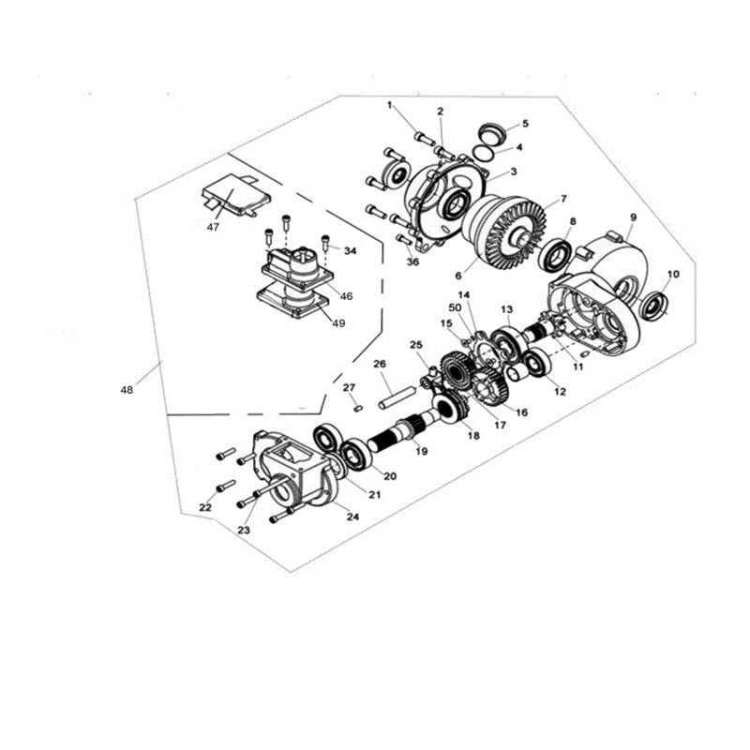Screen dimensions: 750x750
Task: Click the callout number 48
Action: click(x=127, y=388)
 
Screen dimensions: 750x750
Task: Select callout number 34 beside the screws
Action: click(x=350, y=251)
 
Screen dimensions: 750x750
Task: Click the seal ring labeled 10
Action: click(x=653, y=304)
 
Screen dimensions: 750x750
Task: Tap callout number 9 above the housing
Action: click(x=633, y=217)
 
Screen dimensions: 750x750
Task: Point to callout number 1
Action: click(x=389, y=105)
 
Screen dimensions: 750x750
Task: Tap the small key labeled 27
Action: click(x=358, y=406)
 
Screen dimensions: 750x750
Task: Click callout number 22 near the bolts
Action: click(x=205, y=507)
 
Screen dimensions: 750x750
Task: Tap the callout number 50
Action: click(x=455, y=307)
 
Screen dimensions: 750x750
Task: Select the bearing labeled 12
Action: click(x=539, y=364)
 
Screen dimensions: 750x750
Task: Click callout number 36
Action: click(x=413, y=262)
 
